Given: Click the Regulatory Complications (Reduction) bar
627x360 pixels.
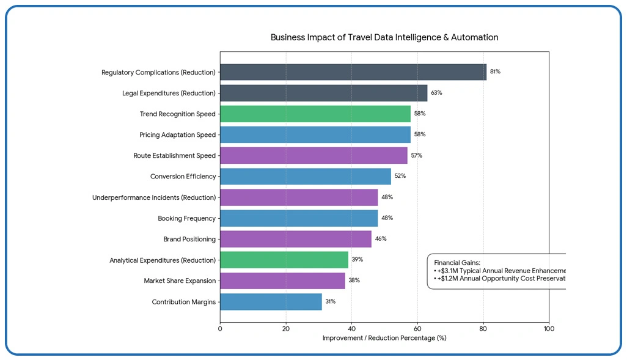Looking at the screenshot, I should (353, 72).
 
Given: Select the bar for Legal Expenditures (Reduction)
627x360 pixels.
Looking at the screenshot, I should (323, 93).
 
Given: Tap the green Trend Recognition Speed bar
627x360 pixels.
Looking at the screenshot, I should (315, 114).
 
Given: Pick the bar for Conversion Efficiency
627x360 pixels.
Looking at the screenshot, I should (305, 177).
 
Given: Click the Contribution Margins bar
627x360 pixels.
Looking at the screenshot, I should (271, 302).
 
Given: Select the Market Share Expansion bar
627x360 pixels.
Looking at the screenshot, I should (282, 281).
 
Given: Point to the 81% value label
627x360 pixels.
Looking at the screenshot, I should (495, 72).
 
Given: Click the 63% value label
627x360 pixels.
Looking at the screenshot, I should (436, 93).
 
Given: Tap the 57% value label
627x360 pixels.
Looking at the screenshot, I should (416, 155).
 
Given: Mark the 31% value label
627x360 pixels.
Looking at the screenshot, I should (330, 302).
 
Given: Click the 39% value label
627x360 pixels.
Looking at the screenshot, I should (357, 260).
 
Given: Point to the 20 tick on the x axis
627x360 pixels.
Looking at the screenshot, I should (285, 329).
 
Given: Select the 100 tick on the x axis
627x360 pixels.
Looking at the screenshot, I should (549, 329).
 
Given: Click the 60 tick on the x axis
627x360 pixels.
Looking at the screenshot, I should (417, 329).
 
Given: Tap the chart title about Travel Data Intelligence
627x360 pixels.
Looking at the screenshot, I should (384, 37).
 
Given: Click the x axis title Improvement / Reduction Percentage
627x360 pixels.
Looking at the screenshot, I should (384, 338).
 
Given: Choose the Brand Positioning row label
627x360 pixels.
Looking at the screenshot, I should (189, 239).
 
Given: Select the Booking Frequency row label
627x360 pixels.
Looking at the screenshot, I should (186, 218).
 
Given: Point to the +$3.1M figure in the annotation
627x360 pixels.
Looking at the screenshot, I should (448, 270).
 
